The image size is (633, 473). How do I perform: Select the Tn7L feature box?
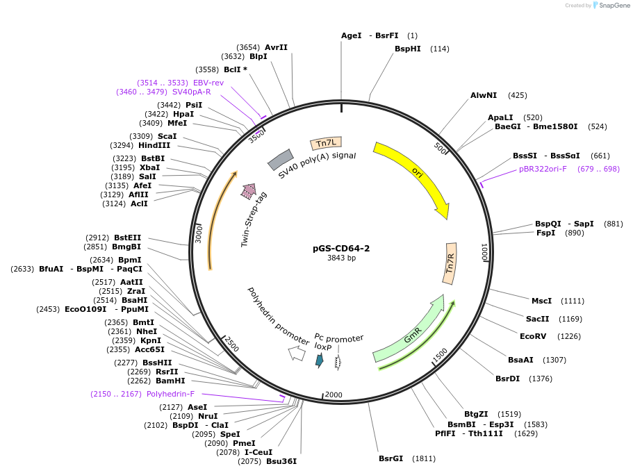point(326,143)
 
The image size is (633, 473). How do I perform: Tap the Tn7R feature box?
point(450,263)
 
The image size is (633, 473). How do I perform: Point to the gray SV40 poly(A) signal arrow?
point(279,160)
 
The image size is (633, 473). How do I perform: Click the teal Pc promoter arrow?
point(320,360)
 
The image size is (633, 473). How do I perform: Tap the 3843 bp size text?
point(341,258)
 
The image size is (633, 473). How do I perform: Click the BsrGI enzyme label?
point(391,458)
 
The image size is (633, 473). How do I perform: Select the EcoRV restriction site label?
point(534,336)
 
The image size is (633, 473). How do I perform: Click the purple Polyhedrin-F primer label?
point(170,394)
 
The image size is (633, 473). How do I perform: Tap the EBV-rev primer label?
point(208,83)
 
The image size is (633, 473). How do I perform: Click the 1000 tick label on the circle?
point(485,252)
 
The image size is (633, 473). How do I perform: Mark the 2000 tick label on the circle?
point(334,395)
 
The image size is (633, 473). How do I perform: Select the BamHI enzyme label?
point(170,381)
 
